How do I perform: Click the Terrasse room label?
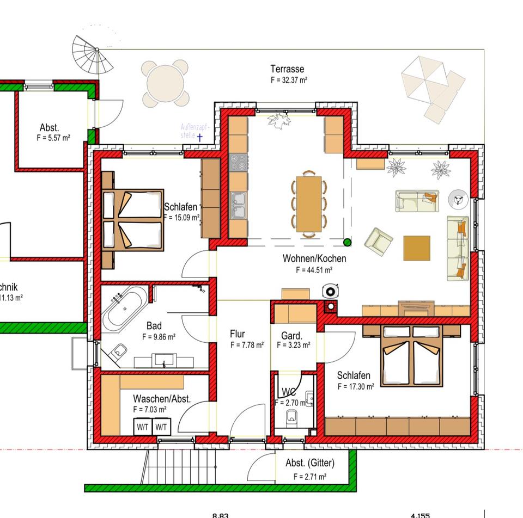pyautogui.click(x=287, y=69)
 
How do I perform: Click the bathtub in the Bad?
pyautogui.click(x=125, y=309)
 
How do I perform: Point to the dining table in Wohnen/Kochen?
pyautogui.click(x=309, y=204)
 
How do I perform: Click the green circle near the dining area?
pyautogui.click(x=348, y=242)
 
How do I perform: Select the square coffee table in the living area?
pyautogui.click(x=417, y=248)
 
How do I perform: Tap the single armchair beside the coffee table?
pyautogui.click(x=379, y=241)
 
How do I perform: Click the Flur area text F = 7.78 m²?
pyautogui.click(x=247, y=345)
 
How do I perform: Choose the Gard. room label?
pyautogui.click(x=291, y=336)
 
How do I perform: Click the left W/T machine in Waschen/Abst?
pyautogui.click(x=143, y=427)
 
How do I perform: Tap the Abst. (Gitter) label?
pyautogui.click(x=310, y=463)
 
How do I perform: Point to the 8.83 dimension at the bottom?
pyautogui.click(x=221, y=514)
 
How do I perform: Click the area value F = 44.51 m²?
pyautogui.click(x=314, y=269)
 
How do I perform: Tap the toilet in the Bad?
pyautogui.click(x=118, y=353)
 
